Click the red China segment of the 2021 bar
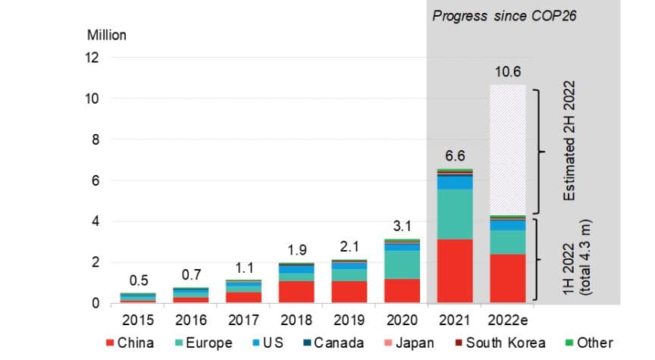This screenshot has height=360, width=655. (455, 271)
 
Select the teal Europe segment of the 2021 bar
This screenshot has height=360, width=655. (455, 214)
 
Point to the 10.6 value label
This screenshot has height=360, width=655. (508, 72)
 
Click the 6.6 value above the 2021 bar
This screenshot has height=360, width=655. (455, 155)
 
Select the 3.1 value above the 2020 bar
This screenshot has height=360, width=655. (402, 226)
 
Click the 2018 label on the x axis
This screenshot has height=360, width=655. (296, 320)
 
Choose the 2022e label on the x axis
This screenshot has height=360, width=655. (508, 320)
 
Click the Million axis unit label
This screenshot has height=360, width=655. (107, 35)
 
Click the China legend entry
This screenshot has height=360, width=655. (130, 343)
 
